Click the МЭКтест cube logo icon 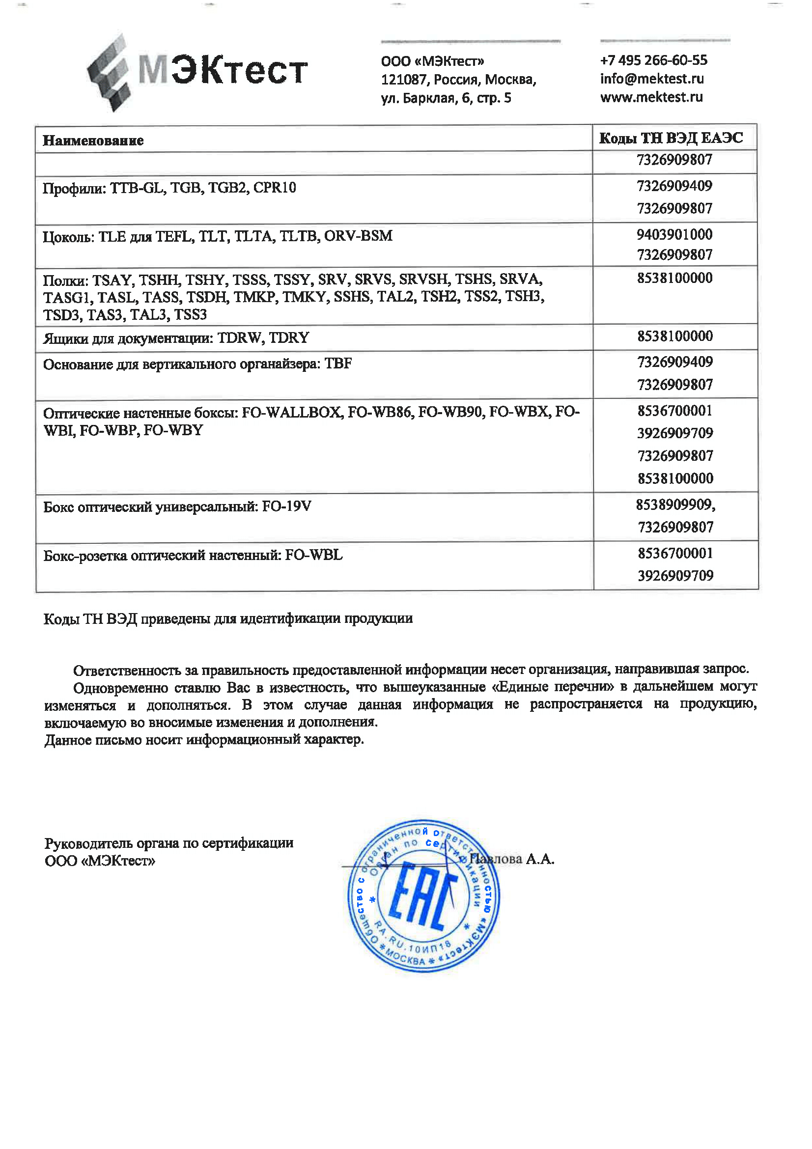coord(109,73)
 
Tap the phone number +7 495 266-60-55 coord(653,60)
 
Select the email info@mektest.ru coord(651,79)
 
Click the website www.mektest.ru coord(651,97)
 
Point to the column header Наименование coord(93,140)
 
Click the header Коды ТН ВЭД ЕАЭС coord(671,138)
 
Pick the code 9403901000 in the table coord(674,234)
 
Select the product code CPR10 coord(275,188)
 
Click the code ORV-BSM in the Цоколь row coord(358,236)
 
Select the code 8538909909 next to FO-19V coord(674,505)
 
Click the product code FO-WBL coord(314,556)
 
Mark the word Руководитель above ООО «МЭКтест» coord(88,844)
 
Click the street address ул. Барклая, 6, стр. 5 coord(446,98)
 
